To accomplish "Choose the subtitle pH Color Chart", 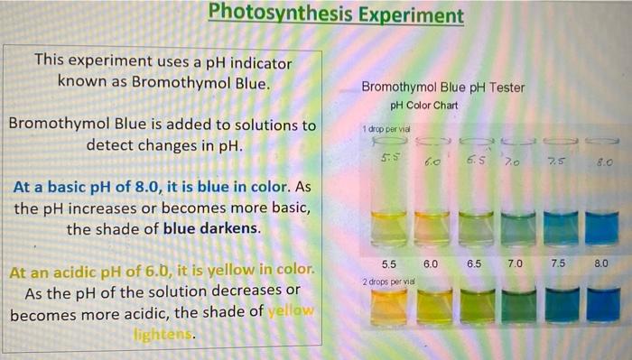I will (423, 106).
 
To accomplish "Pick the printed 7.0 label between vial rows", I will (515, 263).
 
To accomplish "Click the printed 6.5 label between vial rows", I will (475, 263).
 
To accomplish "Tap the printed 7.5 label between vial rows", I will (558, 263).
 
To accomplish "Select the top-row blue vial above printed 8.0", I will (600, 226).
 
